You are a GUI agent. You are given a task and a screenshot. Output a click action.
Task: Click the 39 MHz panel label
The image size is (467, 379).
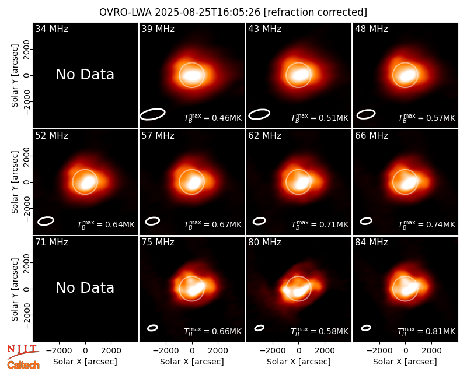pyautogui.click(x=158, y=29)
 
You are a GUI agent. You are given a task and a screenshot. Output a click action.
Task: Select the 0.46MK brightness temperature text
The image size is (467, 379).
pyautogui.click(x=212, y=118)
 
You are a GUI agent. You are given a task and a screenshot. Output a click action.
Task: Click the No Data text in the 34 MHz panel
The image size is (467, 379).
pyautogui.click(x=85, y=75)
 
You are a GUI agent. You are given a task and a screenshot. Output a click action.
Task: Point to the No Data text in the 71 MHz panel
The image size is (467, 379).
pyautogui.click(x=85, y=288)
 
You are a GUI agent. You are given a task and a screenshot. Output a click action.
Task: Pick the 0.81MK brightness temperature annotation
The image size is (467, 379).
pyautogui.click(x=427, y=331)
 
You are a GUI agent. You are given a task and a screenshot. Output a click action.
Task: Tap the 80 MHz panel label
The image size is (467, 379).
pyautogui.click(x=264, y=243)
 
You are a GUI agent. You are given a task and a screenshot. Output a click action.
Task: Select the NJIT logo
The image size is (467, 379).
pyautogui.click(x=23, y=351)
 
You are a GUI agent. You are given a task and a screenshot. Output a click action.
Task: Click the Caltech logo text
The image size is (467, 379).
pyautogui.click(x=23, y=365)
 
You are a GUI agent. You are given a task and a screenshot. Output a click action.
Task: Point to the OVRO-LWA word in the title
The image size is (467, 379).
pyautogui.click(x=126, y=12)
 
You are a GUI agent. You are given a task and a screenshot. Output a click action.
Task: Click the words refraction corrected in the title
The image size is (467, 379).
pyautogui.click(x=315, y=12)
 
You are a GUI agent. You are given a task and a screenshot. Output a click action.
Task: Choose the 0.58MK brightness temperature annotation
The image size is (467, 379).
pyautogui.click(x=319, y=331)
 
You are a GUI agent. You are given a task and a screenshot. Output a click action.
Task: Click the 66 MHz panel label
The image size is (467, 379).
pyautogui.click(x=371, y=136)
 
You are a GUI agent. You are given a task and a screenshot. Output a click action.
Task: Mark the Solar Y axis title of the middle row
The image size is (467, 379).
pyautogui.click(x=15, y=182)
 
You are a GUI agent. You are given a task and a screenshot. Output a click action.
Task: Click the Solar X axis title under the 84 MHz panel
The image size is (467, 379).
pyautogui.click(x=405, y=362)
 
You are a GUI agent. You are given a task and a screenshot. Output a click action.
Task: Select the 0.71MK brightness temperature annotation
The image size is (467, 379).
pyautogui.click(x=319, y=224)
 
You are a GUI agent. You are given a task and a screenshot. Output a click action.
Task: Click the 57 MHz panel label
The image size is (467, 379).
pyautogui.click(x=158, y=136)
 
